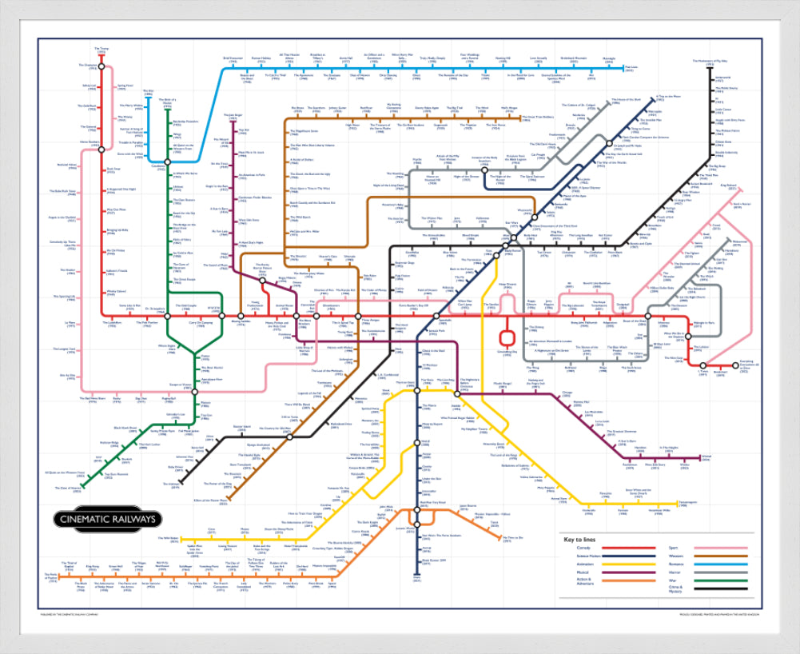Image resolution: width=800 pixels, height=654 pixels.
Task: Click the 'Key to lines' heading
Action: (x=580, y=540)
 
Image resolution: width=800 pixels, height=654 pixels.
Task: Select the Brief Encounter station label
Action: (x=233, y=58)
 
